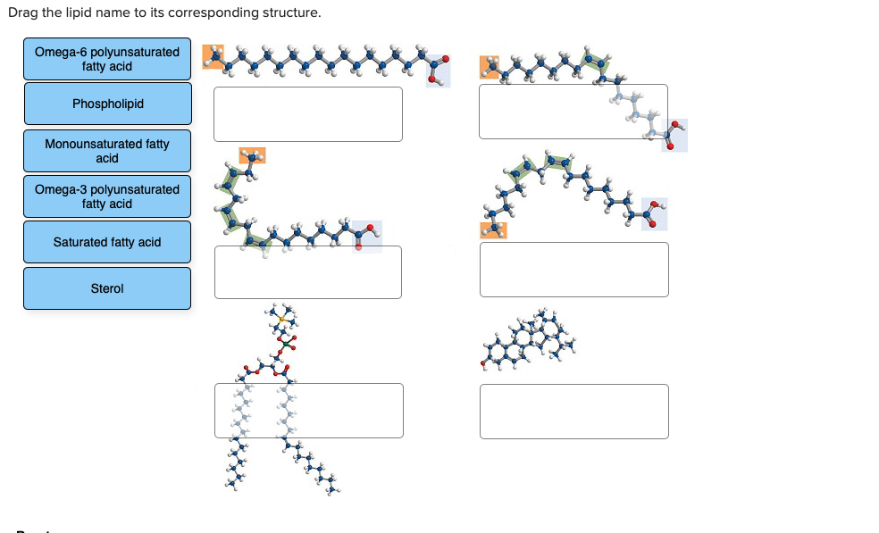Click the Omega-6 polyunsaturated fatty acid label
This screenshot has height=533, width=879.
click(107, 59)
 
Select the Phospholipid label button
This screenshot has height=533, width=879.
click(107, 104)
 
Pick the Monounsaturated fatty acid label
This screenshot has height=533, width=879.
click(107, 151)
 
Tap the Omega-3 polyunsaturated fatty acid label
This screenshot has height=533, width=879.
click(107, 196)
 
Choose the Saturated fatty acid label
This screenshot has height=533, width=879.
click(107, 242)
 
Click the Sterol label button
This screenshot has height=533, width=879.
click(107, 288)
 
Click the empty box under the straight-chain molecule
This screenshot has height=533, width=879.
click(307, 113)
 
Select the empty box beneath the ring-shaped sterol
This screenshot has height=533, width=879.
click(573, 411)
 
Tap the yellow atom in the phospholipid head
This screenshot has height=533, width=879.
click(280, 318)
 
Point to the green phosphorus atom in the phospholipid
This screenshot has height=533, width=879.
click(285, 344)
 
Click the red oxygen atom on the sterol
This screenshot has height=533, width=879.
click(483, 364)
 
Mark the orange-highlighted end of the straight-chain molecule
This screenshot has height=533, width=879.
click(213, 56)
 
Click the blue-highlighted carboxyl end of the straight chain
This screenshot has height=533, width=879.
click(438, 70)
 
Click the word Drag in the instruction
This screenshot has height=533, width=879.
click(21, 13)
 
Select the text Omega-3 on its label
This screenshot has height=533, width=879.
click(56, 189)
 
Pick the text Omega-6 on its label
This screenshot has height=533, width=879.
click(56, 52)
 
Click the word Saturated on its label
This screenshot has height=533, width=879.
click(81, 242)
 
